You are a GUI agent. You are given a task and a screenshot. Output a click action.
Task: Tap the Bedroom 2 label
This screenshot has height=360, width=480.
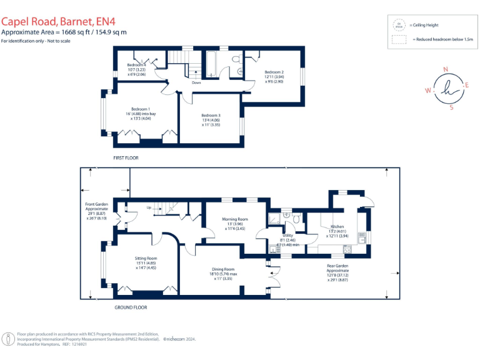coord(274,73)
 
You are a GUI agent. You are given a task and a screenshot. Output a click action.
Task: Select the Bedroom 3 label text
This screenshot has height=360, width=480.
coord(211,116)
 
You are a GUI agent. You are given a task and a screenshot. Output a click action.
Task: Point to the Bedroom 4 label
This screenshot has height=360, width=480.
coord(136,65)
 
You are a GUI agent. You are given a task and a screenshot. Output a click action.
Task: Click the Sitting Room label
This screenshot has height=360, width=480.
coord(146,258)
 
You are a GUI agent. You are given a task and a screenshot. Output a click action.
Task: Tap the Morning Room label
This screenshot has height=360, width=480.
coord(236,219)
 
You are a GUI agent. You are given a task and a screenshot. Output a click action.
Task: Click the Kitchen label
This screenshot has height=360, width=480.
coord(337,226)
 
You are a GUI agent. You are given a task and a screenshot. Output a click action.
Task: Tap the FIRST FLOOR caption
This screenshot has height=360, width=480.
coord(126,158)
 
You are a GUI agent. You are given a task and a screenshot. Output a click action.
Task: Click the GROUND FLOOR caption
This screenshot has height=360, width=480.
coord(131,307)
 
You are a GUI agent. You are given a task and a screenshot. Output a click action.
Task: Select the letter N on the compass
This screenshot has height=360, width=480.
coord(445,70)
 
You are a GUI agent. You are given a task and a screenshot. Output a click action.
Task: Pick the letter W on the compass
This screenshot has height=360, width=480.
coord(427,91)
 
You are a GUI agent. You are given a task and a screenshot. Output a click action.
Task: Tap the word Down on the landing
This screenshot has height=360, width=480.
coord(196,82)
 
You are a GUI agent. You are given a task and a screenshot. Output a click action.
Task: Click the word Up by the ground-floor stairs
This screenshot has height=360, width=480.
coord(148,207)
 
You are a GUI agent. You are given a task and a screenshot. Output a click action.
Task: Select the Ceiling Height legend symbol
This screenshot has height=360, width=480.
coord(398,25)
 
